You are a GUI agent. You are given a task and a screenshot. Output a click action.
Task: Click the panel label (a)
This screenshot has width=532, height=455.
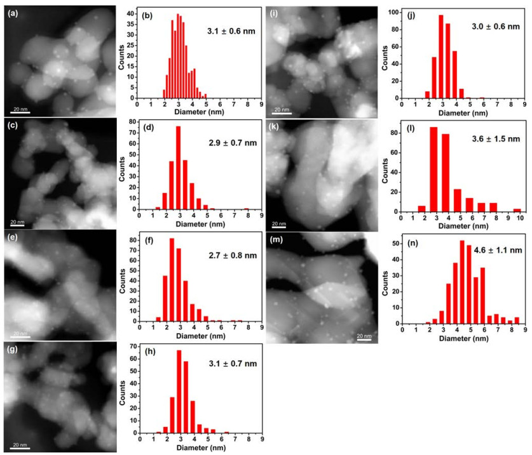tap(13, 13)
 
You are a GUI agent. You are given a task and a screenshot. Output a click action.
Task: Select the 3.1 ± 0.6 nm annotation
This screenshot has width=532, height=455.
tap(231, 31)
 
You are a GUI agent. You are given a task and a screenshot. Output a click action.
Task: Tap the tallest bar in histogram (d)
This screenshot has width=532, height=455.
tap(178, 168)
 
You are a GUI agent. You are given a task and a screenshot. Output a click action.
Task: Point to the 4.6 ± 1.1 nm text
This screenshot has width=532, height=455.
tap(498, 251)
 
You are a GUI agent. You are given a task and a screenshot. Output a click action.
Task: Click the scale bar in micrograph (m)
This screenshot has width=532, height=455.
tap(364, 340)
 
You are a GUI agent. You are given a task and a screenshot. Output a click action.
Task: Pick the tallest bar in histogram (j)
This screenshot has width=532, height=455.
tap(441, 56)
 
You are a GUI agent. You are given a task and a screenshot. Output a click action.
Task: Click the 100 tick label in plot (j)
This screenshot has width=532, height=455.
tap(393, 12)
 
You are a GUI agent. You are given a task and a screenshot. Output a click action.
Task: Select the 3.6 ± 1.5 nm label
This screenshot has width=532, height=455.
tap(496, 139)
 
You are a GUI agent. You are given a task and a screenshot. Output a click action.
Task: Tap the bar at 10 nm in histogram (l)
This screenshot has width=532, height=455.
tap(517, 210)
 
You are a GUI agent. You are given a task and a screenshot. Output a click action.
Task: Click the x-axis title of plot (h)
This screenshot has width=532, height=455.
tap(201, 447)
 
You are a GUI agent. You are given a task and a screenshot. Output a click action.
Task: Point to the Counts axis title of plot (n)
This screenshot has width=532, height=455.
tap(385, 283)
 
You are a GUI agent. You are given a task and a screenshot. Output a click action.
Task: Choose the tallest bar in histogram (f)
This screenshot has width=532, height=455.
tap(172, 279)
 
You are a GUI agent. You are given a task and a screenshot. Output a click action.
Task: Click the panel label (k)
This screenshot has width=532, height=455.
tap(273, 127)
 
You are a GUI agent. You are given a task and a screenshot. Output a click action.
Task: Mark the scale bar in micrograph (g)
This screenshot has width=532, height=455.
tap(20, 449)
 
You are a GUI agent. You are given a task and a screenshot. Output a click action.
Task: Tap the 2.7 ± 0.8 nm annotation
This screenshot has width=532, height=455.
tap(233, 256)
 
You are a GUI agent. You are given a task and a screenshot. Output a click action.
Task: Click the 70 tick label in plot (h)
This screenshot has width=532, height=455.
tap(133, 346)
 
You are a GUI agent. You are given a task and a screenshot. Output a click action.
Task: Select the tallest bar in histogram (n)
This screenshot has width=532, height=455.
tap(462, 282)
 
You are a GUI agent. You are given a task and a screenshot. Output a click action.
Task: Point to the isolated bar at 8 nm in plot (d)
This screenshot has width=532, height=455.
tap(247, 209)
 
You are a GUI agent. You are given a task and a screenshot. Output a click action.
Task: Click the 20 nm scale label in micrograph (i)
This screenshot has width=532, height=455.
tap(282, 109)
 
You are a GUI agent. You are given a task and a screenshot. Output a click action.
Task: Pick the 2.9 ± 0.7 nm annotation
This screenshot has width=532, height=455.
tap(233, 143)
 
